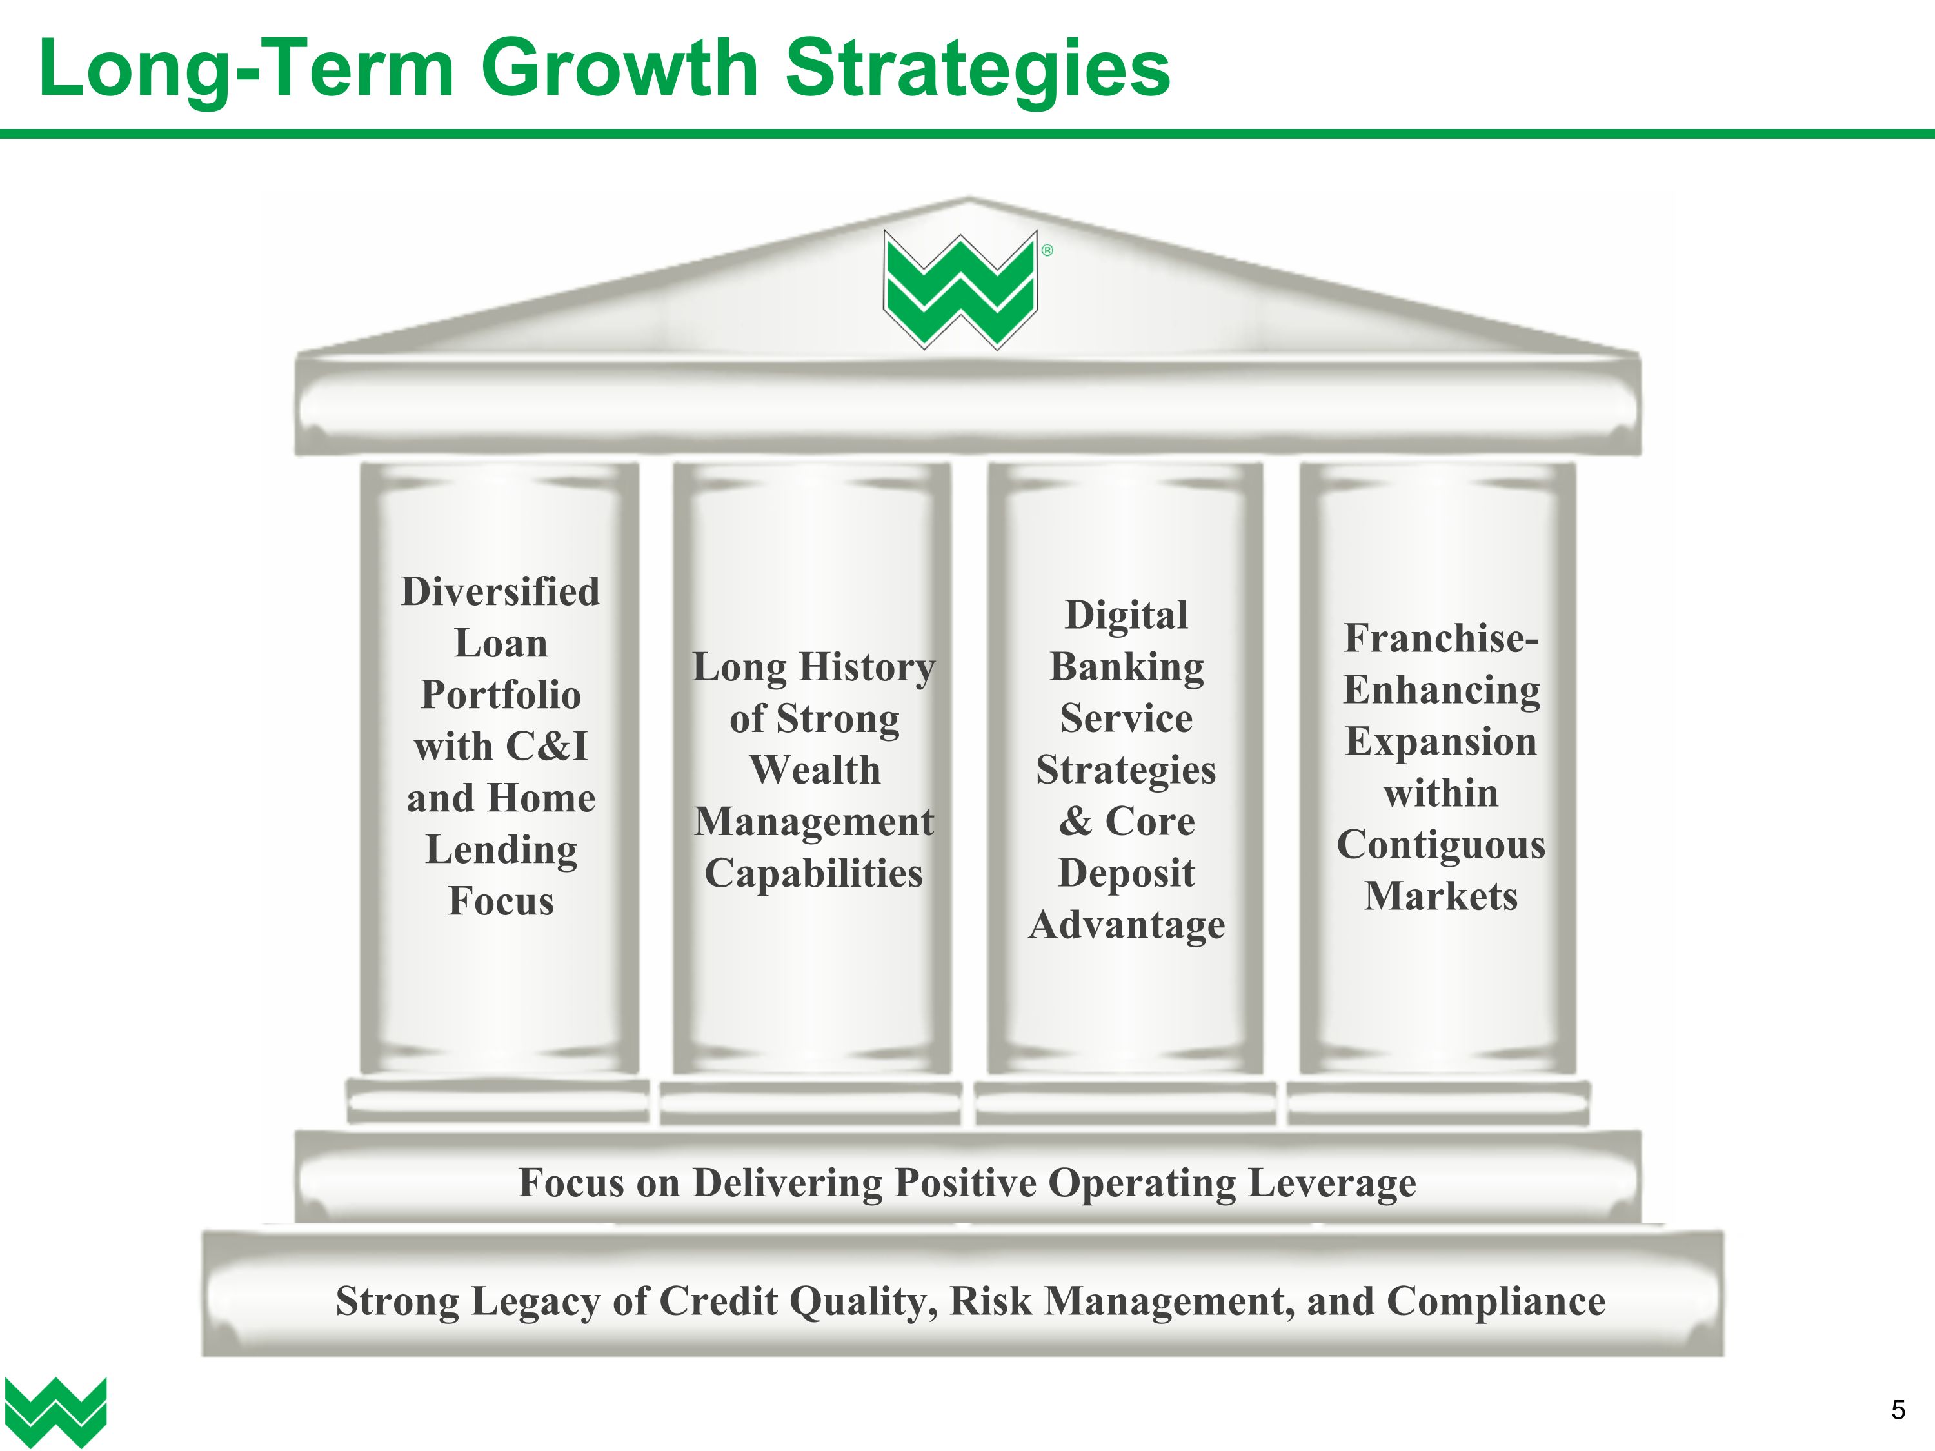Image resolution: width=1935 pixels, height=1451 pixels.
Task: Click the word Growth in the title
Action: coord(619,70)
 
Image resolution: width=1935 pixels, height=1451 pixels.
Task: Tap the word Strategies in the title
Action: coord(977,70)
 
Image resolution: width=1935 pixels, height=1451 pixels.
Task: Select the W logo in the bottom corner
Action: coord(55,1411)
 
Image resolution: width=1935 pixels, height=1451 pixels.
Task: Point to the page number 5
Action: coord(1898,1410)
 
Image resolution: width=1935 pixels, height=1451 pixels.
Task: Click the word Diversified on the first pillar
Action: coord(501,592)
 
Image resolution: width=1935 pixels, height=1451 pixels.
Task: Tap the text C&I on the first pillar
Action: coord(546,747)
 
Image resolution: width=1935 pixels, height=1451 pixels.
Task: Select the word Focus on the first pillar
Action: coord(501,902)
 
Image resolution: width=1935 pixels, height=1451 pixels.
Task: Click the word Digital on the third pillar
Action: coord(1126,616)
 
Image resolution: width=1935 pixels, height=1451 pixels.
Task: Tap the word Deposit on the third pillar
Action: coord(1126,874)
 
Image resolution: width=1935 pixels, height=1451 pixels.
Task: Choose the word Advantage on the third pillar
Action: coord(1126,925)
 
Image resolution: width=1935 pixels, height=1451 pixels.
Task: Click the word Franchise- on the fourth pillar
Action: coord(1441,638)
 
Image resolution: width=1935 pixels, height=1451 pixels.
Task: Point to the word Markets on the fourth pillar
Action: coord(1441,896)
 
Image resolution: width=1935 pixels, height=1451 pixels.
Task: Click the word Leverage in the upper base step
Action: coord(1331,1183)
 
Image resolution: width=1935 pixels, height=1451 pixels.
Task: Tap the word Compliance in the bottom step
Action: coord(1496,1301)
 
